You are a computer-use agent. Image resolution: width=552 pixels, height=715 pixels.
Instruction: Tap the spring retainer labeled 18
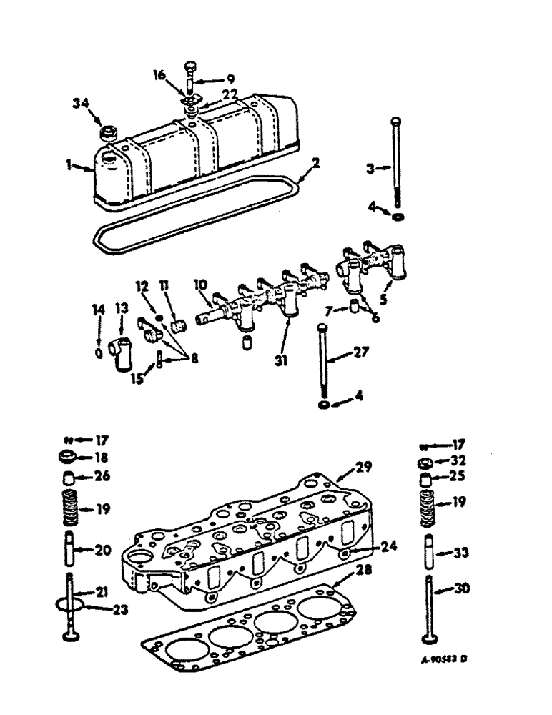66,458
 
